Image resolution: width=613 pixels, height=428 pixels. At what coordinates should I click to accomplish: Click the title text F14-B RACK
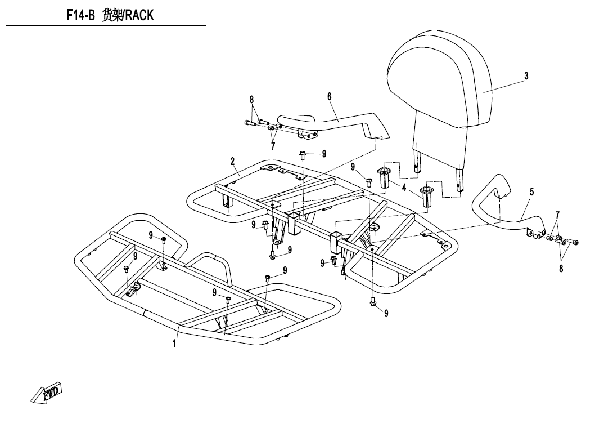tap(110, 16)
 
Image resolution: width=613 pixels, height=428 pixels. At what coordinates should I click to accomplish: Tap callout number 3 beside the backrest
tap(526, 76)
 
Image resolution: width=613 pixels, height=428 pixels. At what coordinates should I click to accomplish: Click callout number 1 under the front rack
tap(174, 343)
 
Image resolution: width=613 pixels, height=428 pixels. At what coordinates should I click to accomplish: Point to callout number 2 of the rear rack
tap(232, 162)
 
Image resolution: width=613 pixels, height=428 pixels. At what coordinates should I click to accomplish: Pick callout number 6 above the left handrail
tap(330, 96)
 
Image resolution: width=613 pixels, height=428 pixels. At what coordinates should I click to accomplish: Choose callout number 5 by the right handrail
tap(531, 192)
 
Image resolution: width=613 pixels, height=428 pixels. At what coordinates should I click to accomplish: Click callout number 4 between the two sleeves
tap(404, 188)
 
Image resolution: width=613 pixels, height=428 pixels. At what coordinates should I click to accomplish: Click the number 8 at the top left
tap(252, 100)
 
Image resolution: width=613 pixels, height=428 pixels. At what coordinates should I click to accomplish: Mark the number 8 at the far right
tap(561, 269)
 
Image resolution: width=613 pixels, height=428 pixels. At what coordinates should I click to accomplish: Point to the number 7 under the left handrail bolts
tap(273, 146)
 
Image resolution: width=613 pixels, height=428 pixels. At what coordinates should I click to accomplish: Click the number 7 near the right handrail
tap(557, 215)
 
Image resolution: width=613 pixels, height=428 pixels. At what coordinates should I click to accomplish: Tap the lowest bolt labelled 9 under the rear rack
tap(373, 303)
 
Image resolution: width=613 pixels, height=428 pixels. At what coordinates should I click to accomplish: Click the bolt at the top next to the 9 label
tap(303, 154)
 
